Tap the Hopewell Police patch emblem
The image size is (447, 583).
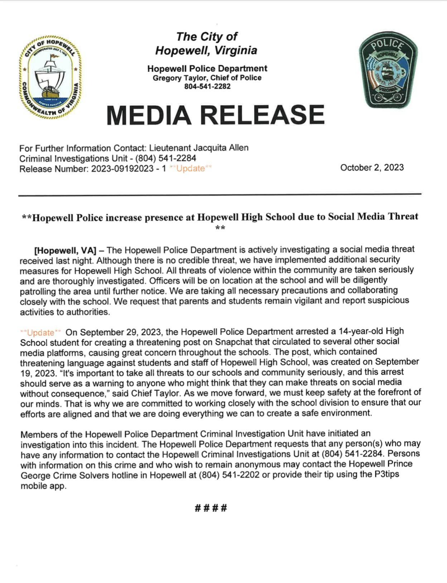(389, 69)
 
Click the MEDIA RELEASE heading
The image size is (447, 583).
(215, 115)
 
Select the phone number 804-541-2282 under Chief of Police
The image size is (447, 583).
(207, 87)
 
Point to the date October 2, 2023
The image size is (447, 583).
(372, 167)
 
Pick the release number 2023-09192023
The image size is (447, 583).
(122, 169)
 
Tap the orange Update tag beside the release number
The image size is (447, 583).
(190, 169)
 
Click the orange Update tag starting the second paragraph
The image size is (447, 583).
(40, 332)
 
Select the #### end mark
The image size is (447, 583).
(211, 508)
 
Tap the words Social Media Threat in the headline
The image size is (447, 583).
(372, 217)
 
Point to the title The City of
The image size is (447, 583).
(207, 37)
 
